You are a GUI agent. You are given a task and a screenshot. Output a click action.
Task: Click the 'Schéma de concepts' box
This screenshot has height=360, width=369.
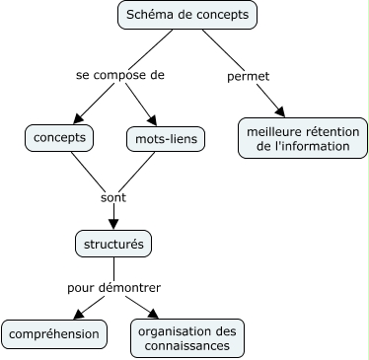point(187,16)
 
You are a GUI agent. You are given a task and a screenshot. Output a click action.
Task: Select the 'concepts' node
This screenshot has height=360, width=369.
point(59,138)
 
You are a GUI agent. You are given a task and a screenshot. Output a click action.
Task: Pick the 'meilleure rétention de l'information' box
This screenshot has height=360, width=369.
point(297,138)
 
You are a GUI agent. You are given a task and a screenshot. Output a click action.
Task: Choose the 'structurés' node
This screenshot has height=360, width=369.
point(114,243)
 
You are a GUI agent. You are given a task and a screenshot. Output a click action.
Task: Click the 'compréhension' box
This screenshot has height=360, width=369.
point(54,334)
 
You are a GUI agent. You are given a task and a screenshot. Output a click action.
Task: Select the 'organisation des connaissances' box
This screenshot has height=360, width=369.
point(186,337)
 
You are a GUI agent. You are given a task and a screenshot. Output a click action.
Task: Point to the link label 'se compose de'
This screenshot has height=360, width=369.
point(120,75)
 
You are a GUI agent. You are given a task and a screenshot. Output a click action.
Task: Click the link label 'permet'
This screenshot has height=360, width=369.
point(248,75)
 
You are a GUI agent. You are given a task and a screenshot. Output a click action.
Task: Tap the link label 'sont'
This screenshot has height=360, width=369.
point(113,196)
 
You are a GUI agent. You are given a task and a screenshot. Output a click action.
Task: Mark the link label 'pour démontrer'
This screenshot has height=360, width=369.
point(113,287)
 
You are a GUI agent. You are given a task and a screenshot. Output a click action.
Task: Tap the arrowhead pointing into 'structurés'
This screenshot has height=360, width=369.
point(113,225)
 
